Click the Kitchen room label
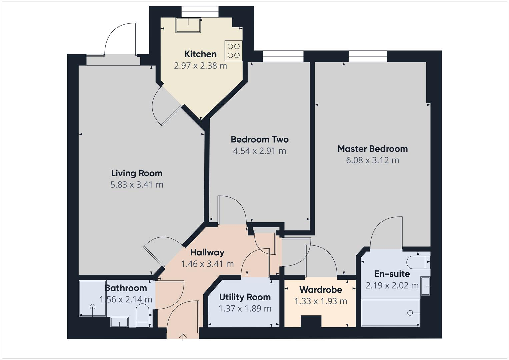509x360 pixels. (x=200, y=54)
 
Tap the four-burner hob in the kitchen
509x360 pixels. (x=233, y=51)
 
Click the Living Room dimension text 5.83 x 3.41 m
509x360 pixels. (x=137, y=185)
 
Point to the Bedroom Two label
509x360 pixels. (x=259, y=139)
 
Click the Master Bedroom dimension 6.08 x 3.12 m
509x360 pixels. (x=372, y=160)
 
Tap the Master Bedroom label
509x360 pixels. (x=372, y=149)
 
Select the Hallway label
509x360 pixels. (x=207, y=252)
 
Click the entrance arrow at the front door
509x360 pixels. (x=183, y=337)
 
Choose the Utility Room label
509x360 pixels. (x=245, y=297)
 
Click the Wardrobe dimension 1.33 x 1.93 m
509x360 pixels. (x=321, y=301)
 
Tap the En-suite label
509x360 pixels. (x=392, y=274)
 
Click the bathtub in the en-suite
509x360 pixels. (x=390, y=313)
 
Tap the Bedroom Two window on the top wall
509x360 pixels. (x=283, y=56)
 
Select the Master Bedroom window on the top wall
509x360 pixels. (x=368, y=56)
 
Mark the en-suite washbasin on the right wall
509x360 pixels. (x=425, y=286)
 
